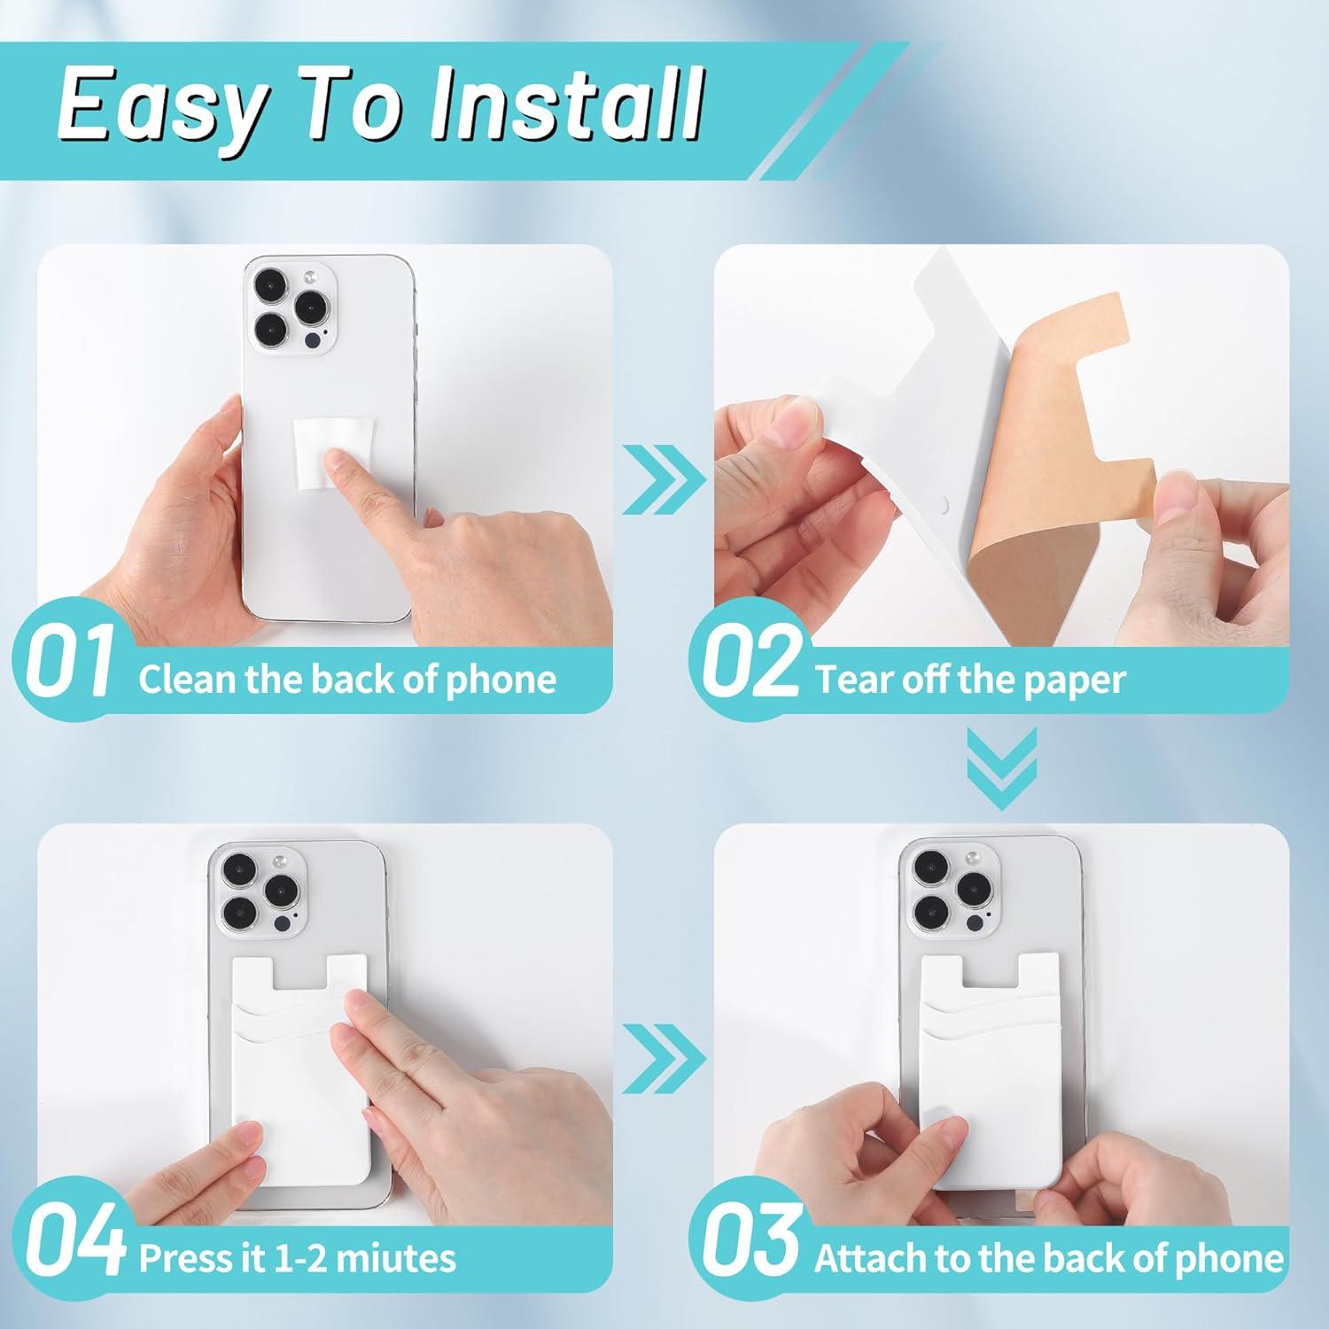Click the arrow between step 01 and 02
pyautogui.click(x=664, y=479)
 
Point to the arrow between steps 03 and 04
pyautogui.click(x=664, y=1058)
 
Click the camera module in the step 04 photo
pyautogui.click(x=257, y=893)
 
